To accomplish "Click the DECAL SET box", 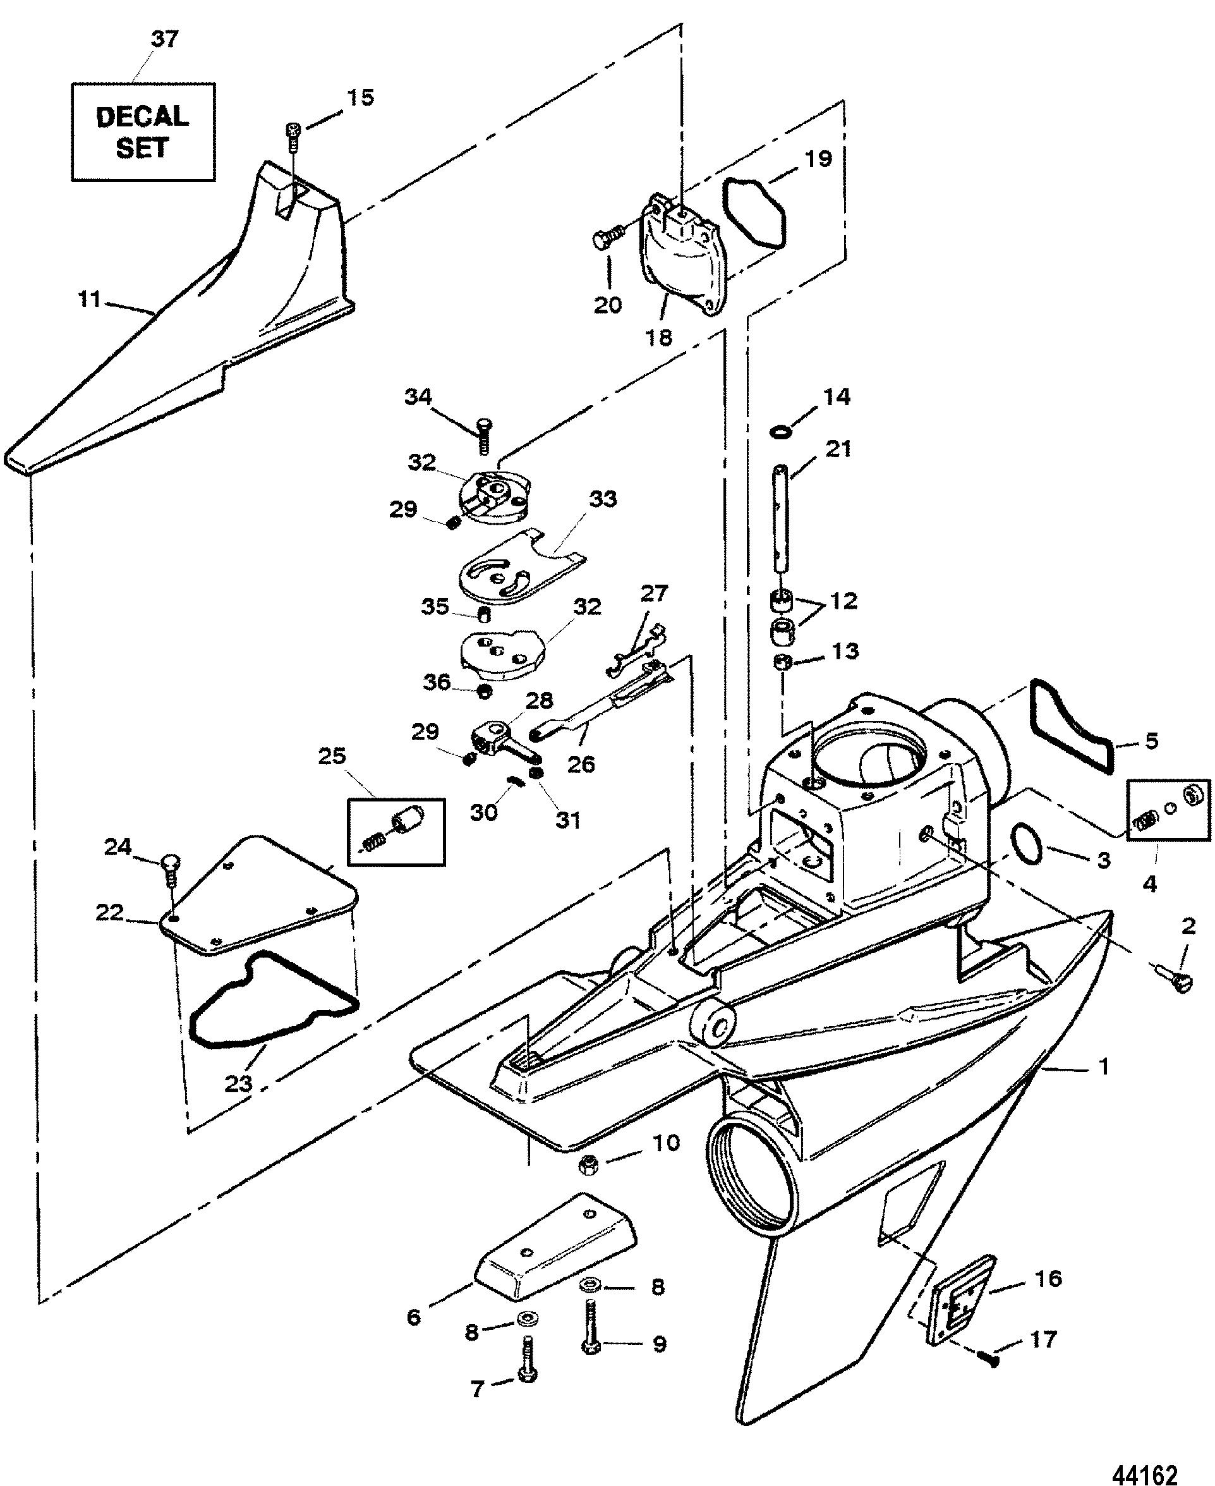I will [x=143, y=131].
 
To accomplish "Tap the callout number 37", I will [x=165, y=39].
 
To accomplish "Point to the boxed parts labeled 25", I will [x=396, y=831].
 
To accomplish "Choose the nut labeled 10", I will [x=588, y=1166].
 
